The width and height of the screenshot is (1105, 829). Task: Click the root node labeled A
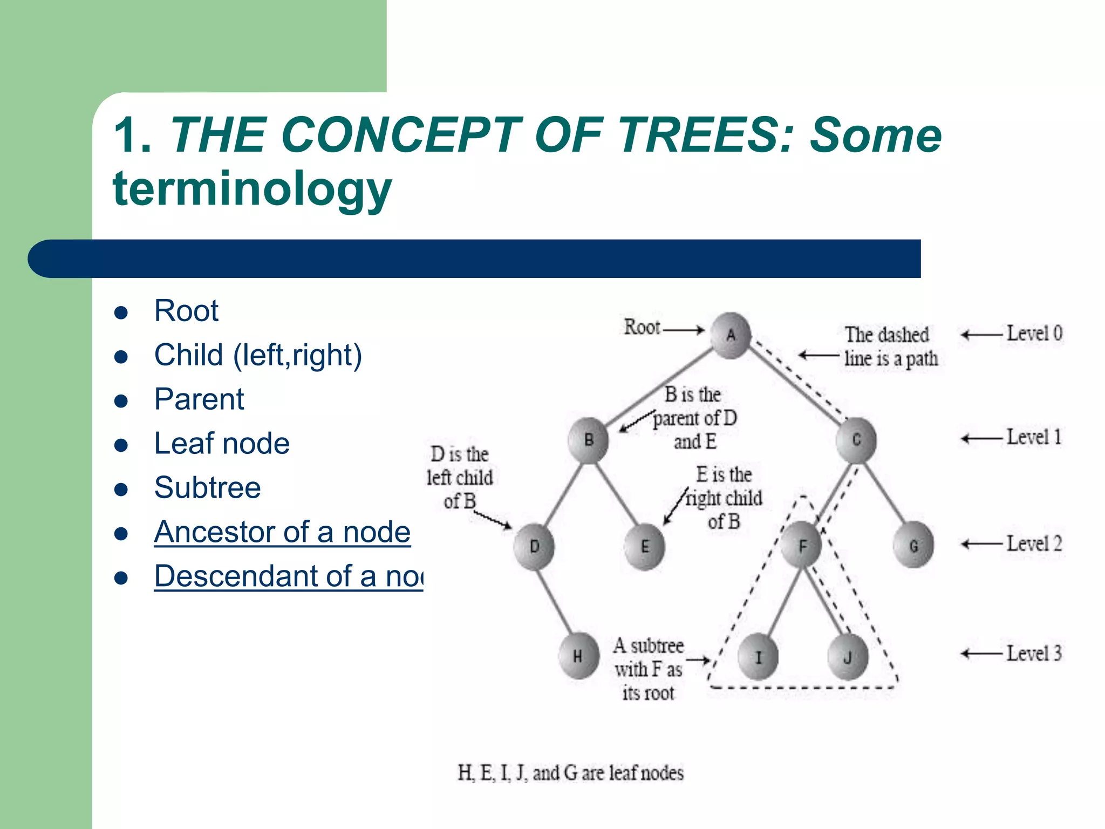click(731, 335)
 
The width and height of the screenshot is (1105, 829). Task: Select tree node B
click(588, 440)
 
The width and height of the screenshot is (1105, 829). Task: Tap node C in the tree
click(856, 440)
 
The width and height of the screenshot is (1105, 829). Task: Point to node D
click(534, 547)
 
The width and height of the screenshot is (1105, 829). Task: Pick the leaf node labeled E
click(645, 547)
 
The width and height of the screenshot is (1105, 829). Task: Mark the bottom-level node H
click(578, 656)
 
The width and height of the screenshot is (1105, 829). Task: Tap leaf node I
click(758, 657)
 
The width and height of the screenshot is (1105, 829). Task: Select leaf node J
click(847, 657)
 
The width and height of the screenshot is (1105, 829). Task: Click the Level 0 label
click(1034, 334)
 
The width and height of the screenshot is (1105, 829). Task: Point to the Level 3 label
click(1034, 654)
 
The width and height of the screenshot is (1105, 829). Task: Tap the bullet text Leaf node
click(222, 444)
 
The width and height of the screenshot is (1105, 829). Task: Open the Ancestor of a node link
click(282, 532)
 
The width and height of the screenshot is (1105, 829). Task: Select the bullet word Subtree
click(207, 488)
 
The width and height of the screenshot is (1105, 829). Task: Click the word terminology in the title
click(252, 188)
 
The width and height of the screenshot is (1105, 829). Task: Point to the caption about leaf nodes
click(570, 773)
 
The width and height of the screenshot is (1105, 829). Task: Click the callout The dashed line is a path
click(890, 346)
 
